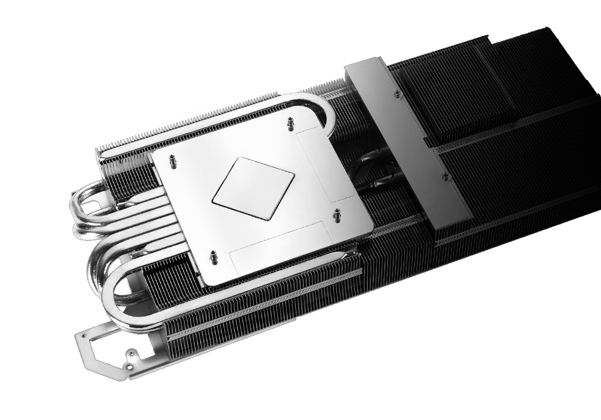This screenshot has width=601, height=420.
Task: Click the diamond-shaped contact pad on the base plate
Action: [x=254, y=188]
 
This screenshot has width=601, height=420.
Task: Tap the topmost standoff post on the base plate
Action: [x=290, y=124]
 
